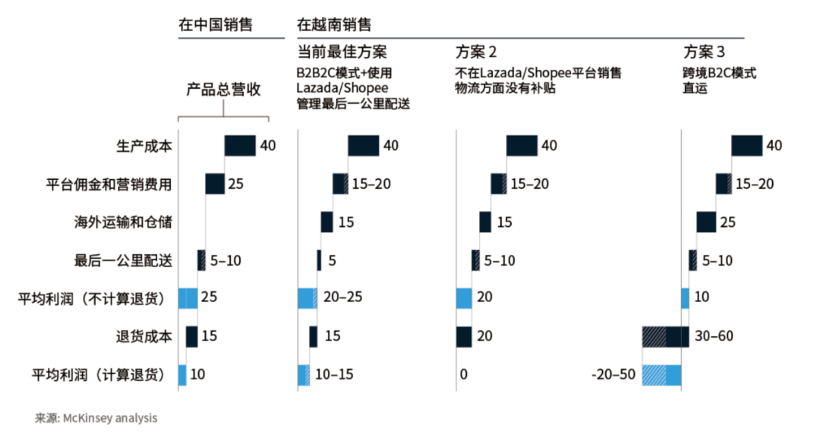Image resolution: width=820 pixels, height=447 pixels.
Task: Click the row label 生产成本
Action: click(x=143, y=146)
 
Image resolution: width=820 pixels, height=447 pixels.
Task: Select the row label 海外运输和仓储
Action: click(x=123, y=222)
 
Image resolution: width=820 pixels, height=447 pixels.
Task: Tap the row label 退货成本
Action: click(x=143, y=336)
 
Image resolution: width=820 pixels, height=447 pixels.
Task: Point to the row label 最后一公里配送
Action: click(x=123, y=260)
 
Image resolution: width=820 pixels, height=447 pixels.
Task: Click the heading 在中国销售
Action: click(x=215, y=24)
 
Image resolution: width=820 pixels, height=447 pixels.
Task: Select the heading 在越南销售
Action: click(x=334, y=24)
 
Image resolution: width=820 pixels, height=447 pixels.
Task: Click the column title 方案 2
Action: click(x=476, y=52)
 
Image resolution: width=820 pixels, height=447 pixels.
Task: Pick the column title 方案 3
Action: click(x=704, y=52)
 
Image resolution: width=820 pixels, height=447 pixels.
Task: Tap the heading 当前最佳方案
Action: click(x=342, y=52)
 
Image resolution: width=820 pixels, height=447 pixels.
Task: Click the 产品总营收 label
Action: click(x=223, y=90)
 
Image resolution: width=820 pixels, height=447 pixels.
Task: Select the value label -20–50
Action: click(x=613, y=374)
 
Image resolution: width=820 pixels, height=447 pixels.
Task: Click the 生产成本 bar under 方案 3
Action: click(x=746, y=146)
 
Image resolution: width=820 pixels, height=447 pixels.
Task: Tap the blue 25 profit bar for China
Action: click(x=188, y=298)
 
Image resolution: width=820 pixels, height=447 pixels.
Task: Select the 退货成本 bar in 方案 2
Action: click(x=464, y=336)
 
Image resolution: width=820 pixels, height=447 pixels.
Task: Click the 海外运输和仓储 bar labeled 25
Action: click(x=705, y=222)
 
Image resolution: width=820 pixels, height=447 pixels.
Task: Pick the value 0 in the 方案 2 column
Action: click(x=463, y=374)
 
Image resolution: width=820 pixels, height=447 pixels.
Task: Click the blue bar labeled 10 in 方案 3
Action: click(x=685, y=298)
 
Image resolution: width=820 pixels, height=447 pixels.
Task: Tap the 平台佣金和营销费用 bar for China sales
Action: click(x=215, y=184)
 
